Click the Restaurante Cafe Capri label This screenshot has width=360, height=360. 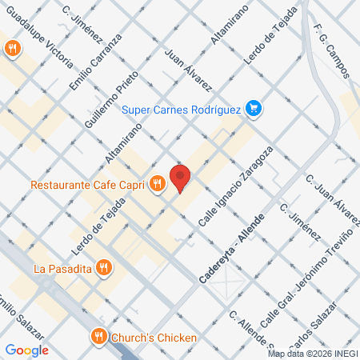click(x=89, y=185)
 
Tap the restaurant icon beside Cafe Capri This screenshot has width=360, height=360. click(x=157, y=184)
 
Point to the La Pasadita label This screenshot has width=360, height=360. click(x=61, y=267)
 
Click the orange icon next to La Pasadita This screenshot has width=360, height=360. click(x=102, y=267)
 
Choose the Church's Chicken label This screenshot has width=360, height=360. click(x=154, y=337)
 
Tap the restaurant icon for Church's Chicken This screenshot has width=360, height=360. click(x=99, y=337)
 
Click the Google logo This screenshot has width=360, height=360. click(x=27, y=350)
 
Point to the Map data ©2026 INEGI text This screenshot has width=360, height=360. click(x=312, y=354)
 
